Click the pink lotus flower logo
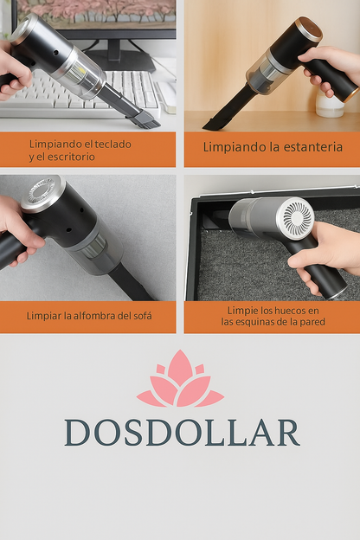tap(179, 380)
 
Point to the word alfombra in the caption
tap(96, 315)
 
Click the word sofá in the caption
tap(138, 315)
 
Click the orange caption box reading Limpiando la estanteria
tap(272, 148)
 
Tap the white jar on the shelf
tap(331, 105)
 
